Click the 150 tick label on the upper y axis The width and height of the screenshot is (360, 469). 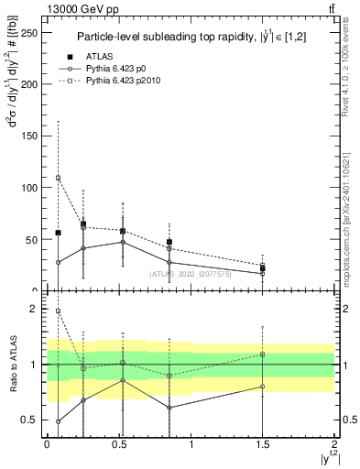coord(32,136)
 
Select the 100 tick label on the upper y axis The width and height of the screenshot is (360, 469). coord(32,188)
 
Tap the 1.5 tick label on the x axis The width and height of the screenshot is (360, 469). coord(263,443)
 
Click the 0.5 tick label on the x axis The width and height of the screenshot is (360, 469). coord(119,443)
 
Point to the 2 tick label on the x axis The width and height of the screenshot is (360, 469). coord(334,443)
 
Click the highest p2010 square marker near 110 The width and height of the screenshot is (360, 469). coord(58,178)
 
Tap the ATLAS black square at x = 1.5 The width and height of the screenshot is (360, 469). coord(263,268)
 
